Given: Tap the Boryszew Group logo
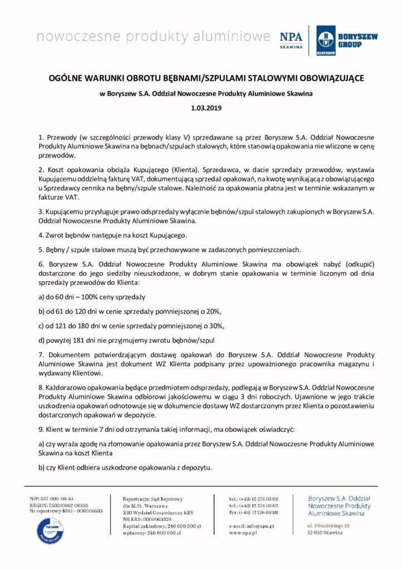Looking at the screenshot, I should pos(347,40).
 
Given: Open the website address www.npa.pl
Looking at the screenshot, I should pos(242,533).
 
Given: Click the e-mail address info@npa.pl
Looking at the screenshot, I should pos(258,526).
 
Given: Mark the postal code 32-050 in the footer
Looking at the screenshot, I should pos(318,533).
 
